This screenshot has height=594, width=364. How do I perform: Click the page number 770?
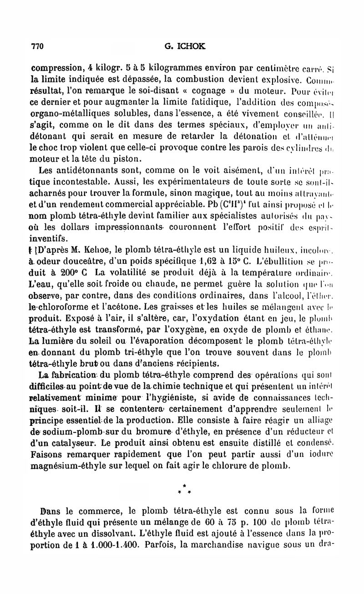pyautogui.click(x=36, y=46)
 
